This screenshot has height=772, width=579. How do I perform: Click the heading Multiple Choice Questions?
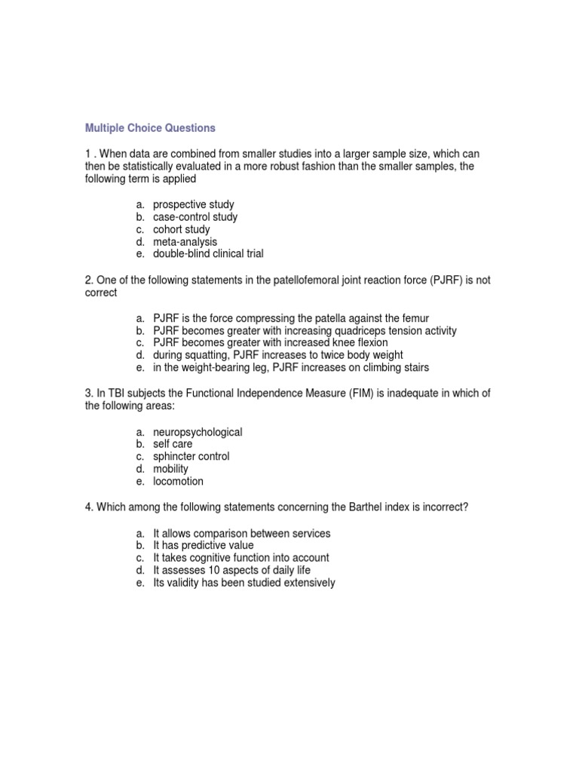150,128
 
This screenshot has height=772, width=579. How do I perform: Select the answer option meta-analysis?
185,242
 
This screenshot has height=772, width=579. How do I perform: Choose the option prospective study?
193,205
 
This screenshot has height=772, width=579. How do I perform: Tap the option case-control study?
195,217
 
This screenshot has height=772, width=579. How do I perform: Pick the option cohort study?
182,229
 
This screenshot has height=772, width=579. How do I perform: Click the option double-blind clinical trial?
208,254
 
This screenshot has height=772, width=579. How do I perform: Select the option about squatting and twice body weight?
277,355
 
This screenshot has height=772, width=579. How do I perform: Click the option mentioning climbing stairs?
292,367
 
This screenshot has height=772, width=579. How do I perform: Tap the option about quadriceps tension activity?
305,331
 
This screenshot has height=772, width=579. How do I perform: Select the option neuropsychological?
198,433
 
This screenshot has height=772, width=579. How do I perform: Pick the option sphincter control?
191,457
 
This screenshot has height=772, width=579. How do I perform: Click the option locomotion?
178,481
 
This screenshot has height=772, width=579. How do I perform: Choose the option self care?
173,445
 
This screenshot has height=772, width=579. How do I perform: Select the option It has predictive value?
204,546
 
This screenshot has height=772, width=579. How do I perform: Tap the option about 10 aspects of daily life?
231,571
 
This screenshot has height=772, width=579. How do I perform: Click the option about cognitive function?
240,558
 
